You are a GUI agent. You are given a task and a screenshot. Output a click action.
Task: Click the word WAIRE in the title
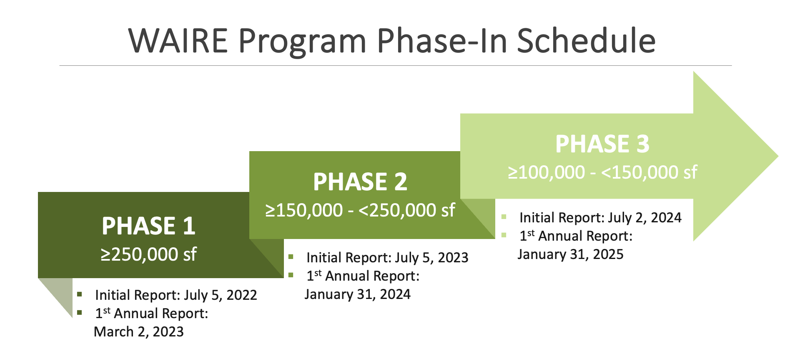tap(178, 41)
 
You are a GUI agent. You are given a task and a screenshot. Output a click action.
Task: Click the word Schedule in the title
tap(586, 41)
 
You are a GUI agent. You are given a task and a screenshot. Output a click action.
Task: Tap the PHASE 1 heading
tap(148, 226)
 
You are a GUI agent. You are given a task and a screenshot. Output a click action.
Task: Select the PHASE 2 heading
tap(360, 182)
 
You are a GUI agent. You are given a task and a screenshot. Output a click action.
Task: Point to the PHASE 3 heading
tap(602, 144)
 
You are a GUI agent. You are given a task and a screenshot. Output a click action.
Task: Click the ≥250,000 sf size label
tap(148, 254)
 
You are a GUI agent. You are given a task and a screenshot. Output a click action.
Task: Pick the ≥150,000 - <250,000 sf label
tap(360, 210)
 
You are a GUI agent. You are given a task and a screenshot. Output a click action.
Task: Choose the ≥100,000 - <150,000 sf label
tap(602, 172)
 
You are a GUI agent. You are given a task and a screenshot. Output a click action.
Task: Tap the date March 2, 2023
tap(139, 332)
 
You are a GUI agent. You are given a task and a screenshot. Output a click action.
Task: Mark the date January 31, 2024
tap(357, 294)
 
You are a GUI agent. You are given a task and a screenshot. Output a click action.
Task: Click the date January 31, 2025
tap(570, 254)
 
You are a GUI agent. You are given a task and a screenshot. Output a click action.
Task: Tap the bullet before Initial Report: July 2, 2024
tap(504, 217)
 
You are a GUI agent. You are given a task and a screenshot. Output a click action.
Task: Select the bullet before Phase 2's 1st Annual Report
tap(291, 275)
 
